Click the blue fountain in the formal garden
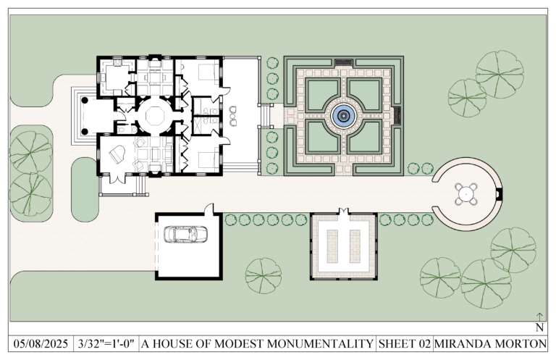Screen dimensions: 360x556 [x=343, y=114]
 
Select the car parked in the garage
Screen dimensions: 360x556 [x=186, y=234]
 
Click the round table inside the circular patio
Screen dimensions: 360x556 [x=466, y=193]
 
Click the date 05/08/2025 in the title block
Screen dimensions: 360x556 [x=40, y=343]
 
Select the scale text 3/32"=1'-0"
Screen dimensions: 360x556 [x=106, y=343]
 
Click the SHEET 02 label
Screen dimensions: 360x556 [x=405, y=343]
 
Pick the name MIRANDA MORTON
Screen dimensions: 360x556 [x=494, y=343]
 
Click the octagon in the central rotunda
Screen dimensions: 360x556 [x=153, y=114]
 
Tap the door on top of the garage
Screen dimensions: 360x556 [x=209, y=209]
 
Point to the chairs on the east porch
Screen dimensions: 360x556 [x=233, y=114]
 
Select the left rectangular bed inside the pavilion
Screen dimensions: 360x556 [x=334, y=246]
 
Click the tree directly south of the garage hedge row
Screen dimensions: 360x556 [x=263, y=275]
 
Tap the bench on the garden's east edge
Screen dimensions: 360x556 [x=396, y=114]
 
